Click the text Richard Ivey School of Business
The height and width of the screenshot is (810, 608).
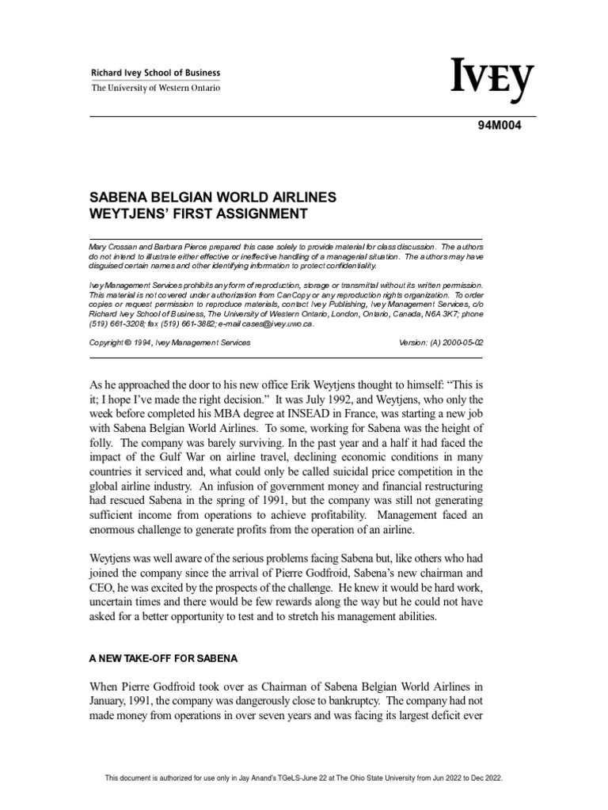pyautogui.click(x=156, y=74)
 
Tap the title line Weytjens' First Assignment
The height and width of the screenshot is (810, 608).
pyautogui.click(x=200, y=214)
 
